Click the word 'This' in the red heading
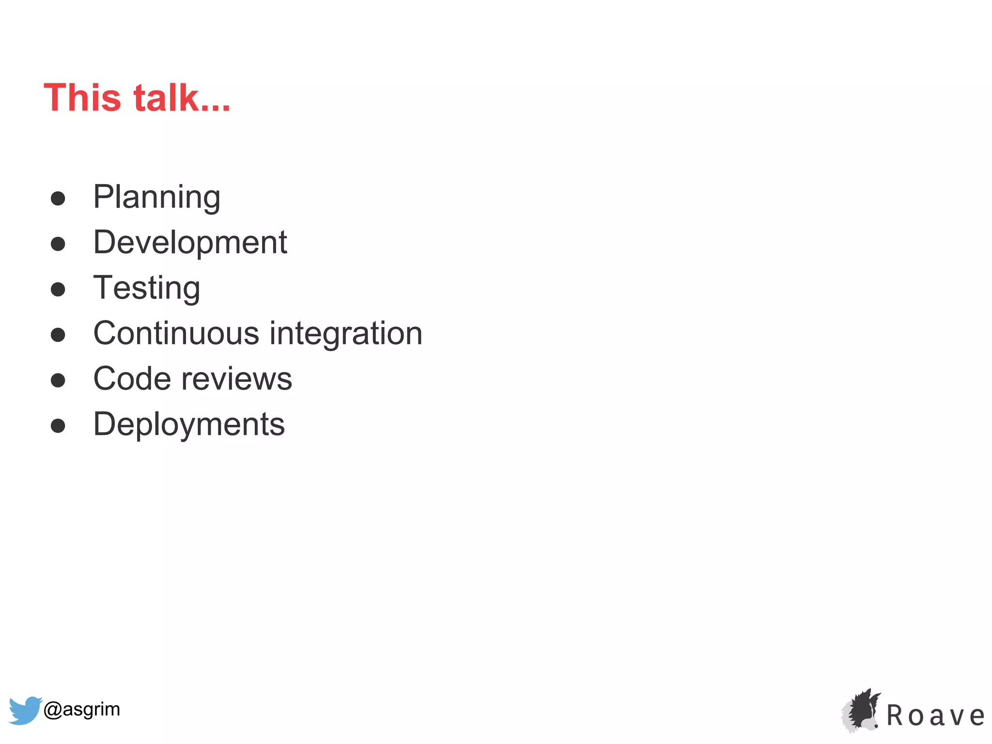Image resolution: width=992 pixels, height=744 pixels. (x=82, y=98)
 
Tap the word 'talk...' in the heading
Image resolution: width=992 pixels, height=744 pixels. (x=182, y=98)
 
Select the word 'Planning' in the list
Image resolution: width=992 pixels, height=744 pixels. (x=156, y=198)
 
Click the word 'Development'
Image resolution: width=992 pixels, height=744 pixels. (x=190, y=242)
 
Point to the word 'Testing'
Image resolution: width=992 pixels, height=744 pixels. (x=146, y=288)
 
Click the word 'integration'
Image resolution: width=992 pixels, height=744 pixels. (x=346, y=333)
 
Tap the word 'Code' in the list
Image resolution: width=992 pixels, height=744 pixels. (x=131, y=379)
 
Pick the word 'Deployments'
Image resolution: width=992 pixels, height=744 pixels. (x=189, y=424)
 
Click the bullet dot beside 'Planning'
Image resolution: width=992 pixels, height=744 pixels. (x=58, y=199)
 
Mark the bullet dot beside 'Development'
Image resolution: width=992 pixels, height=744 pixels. (x=58, y=244)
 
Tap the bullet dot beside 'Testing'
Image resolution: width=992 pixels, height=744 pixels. (x=58, y=289)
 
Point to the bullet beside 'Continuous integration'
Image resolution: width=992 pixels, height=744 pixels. (x=58, y=335)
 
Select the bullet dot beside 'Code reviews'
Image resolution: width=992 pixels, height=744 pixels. (x=58, y=380)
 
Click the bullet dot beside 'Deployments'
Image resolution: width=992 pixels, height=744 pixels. (x=58, y=426)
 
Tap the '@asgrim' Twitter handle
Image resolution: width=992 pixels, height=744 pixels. (x=81, y=709)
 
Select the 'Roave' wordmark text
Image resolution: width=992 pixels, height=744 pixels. (x=935, y=716)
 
